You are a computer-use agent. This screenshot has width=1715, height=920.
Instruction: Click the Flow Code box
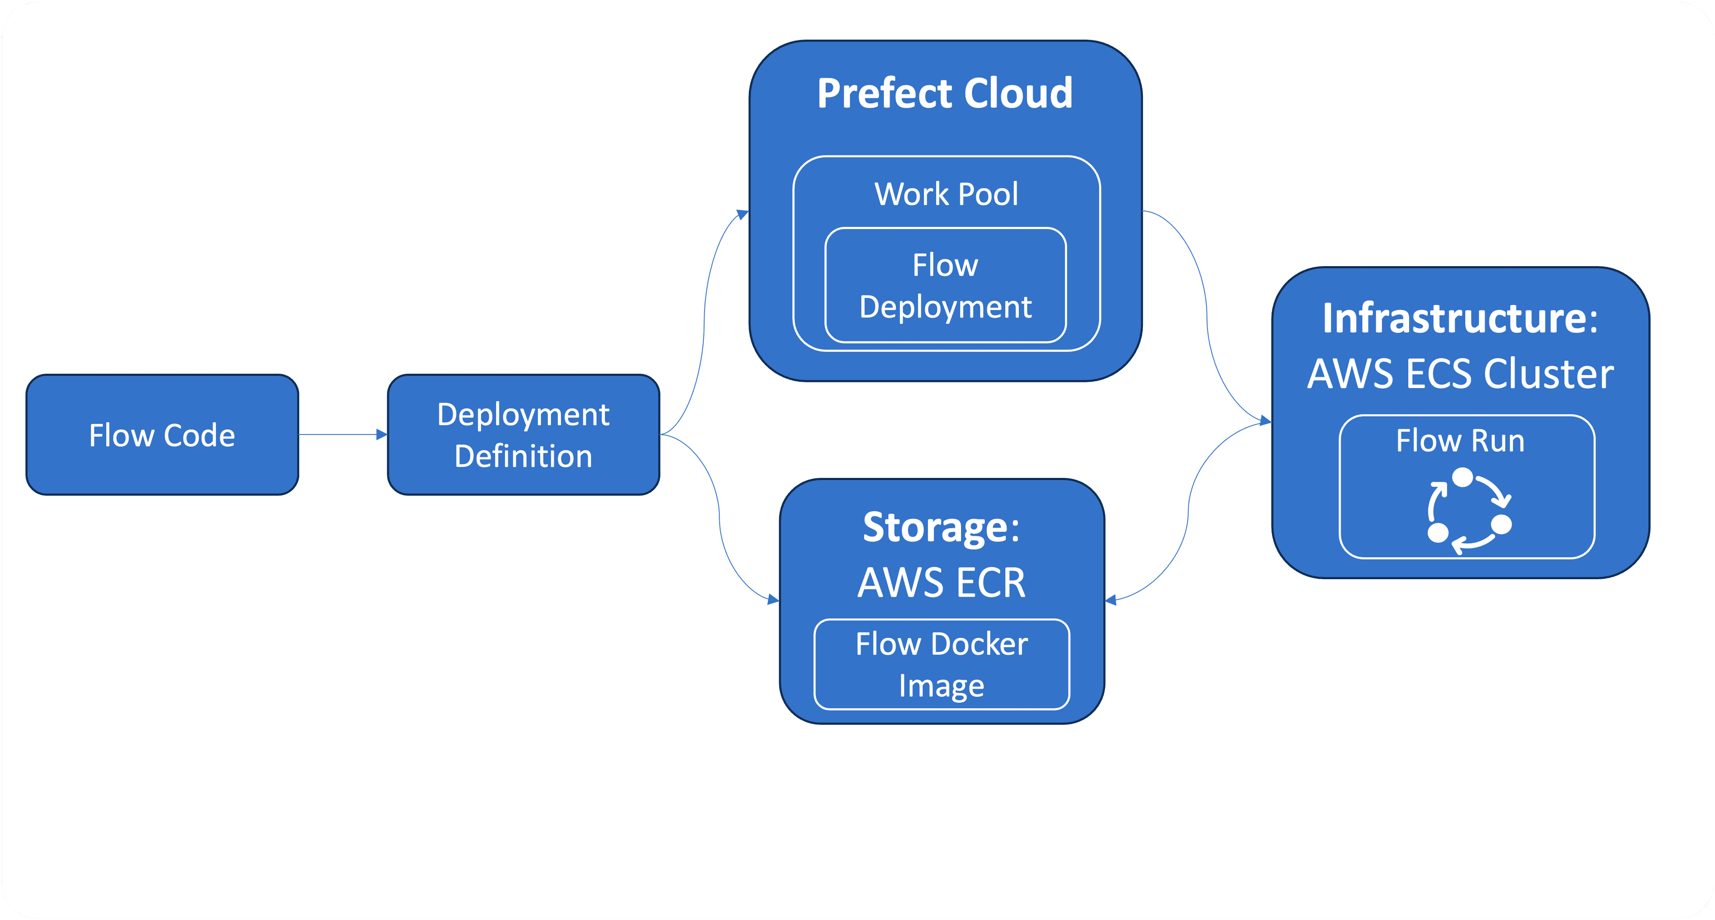coord(162,435)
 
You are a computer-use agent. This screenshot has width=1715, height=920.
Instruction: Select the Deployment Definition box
coord(523,435)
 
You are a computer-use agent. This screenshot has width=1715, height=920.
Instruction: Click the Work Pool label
coord(946,194)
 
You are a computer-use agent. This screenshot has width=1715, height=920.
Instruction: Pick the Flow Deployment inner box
coord(945,285)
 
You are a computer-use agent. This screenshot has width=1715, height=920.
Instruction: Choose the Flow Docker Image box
coord(941,665)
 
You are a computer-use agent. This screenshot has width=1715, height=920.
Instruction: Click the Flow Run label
coord(1460,441)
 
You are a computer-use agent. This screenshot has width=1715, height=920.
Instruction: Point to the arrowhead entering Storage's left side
coord(773,600)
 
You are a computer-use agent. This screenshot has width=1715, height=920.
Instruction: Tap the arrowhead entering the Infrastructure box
coord(1265,421)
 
